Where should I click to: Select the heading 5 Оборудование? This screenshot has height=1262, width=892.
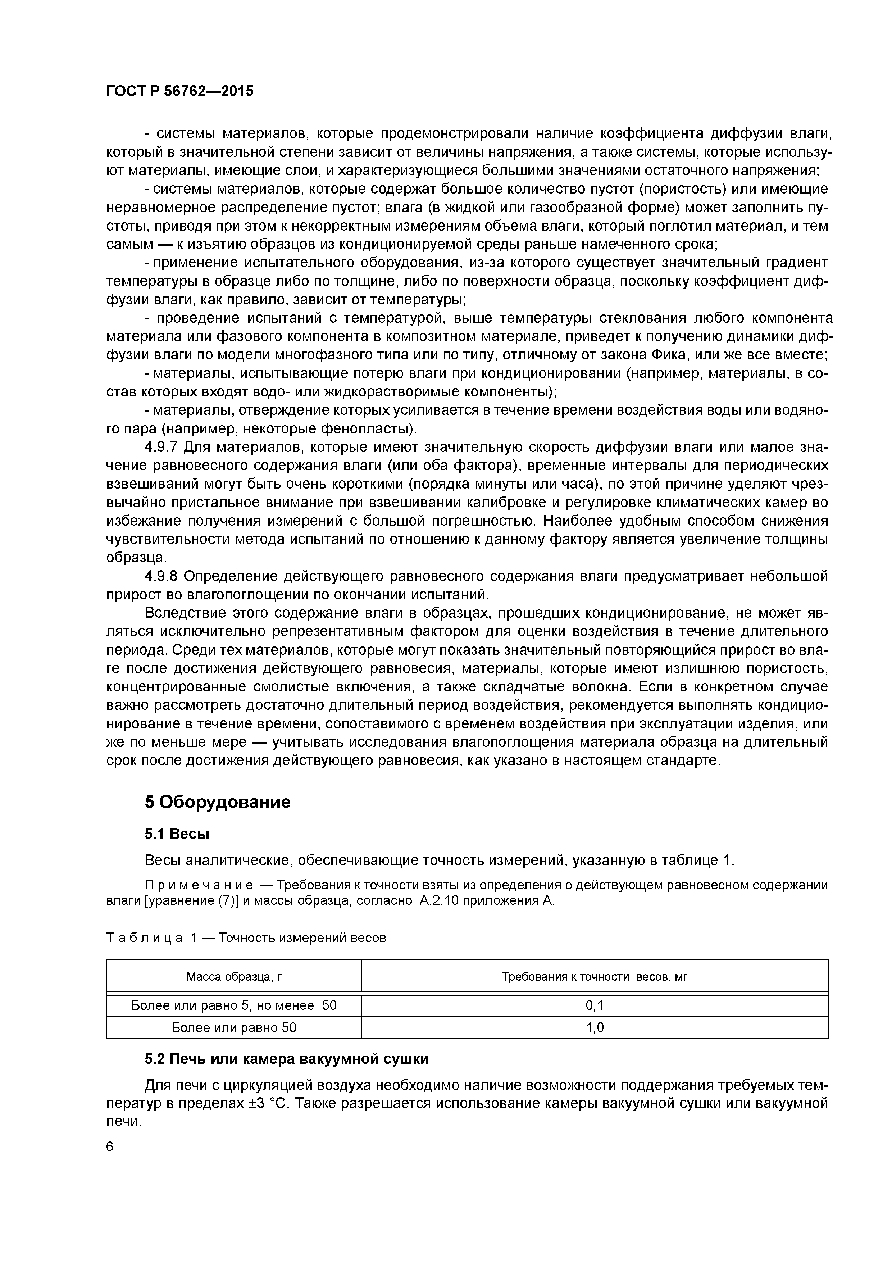click(x=217, y=803)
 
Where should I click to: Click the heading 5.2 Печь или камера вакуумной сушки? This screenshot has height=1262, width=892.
click(x=286, y=1059)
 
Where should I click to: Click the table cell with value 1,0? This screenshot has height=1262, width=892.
click(x=595, y=1028)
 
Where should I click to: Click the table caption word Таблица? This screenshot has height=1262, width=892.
click(x=144, y=938)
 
